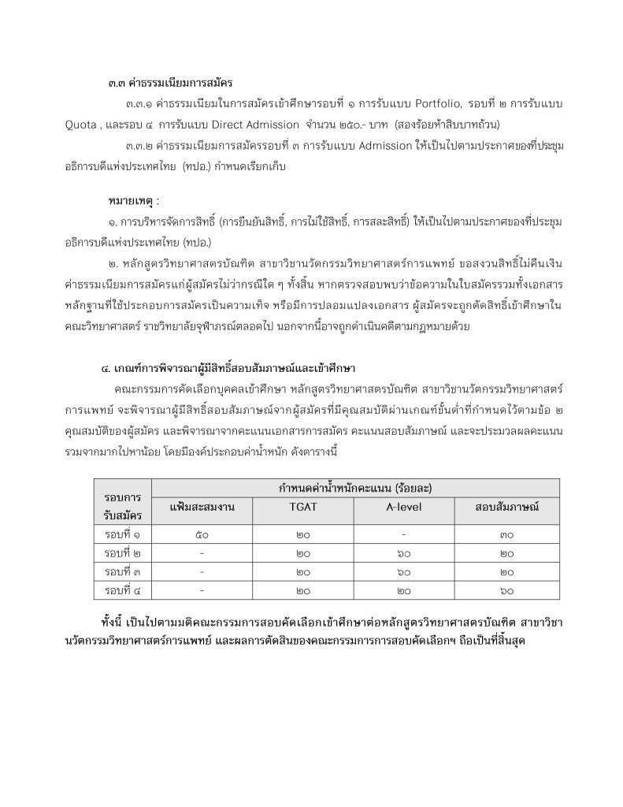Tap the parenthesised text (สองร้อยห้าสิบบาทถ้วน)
click(x=459, y=124)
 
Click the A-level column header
click(x=404, y=507)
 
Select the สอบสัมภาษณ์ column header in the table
click(x=506, y=507)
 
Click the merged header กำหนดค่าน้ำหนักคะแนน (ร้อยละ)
click(x=354, y=488)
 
